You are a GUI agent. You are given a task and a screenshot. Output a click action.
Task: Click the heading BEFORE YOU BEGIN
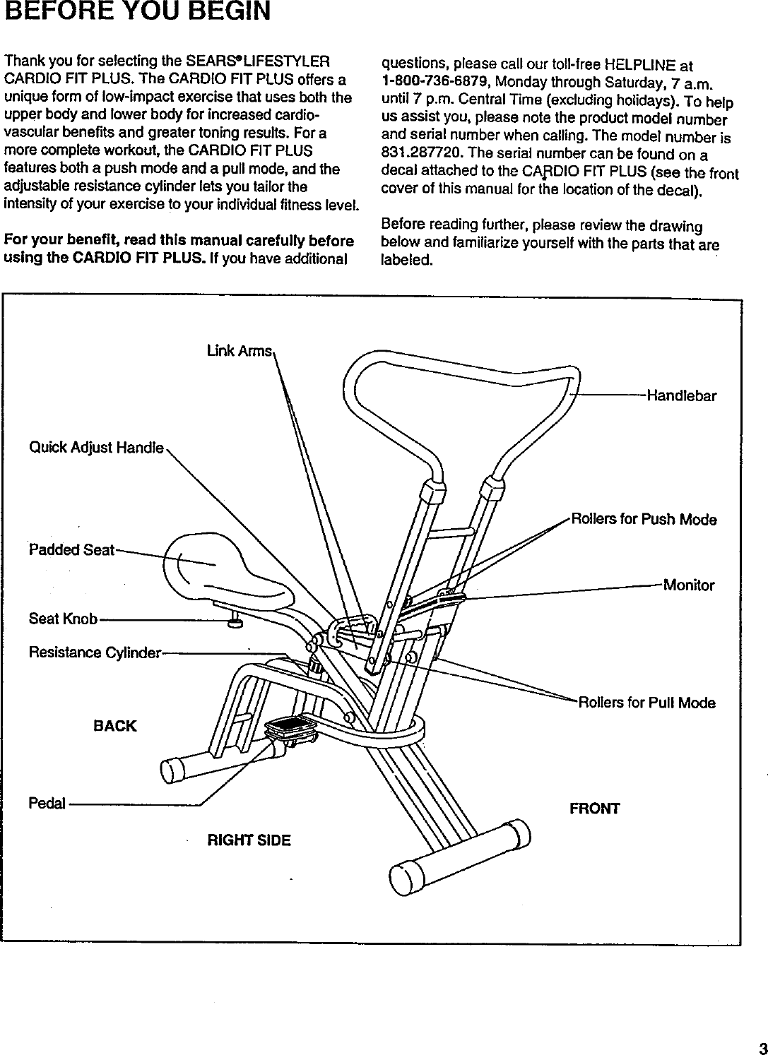(138, 12)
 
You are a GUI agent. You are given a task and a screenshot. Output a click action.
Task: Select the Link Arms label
(239, 351)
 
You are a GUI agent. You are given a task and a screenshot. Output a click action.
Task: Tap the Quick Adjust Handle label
(96, 448)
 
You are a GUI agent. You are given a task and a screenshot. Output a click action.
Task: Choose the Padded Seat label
(71, 550)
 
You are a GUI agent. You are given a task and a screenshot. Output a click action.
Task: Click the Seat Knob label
(62, 619)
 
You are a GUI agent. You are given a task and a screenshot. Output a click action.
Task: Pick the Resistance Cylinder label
(95, 652)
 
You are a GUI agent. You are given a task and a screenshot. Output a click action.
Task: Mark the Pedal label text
(47, 804)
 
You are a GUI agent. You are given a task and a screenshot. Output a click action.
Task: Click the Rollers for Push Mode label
(644, 520)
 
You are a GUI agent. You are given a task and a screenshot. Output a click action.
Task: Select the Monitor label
(688, 585)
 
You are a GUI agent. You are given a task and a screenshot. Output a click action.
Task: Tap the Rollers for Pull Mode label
(646, 703)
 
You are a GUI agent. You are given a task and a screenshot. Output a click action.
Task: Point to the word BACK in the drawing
(114, 726)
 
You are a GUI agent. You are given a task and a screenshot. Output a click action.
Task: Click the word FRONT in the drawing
(594, 809)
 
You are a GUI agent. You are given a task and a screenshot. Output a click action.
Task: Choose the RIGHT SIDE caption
(248, 840)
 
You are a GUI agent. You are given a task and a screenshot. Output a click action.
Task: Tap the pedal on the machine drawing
(290, 726)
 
